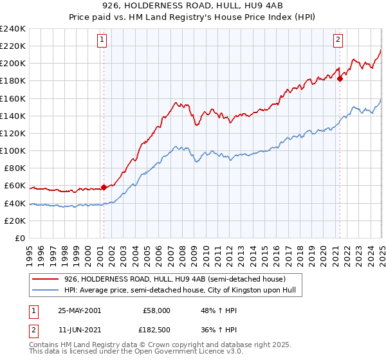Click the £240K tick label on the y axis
coord(13,29)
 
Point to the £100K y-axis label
coord(13,150)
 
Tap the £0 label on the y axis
coord(21,238)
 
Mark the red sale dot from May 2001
coord(104,188)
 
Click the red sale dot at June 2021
coord(340,79)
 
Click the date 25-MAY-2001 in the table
coord(79,310)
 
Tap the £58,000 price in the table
coord(156,310)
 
